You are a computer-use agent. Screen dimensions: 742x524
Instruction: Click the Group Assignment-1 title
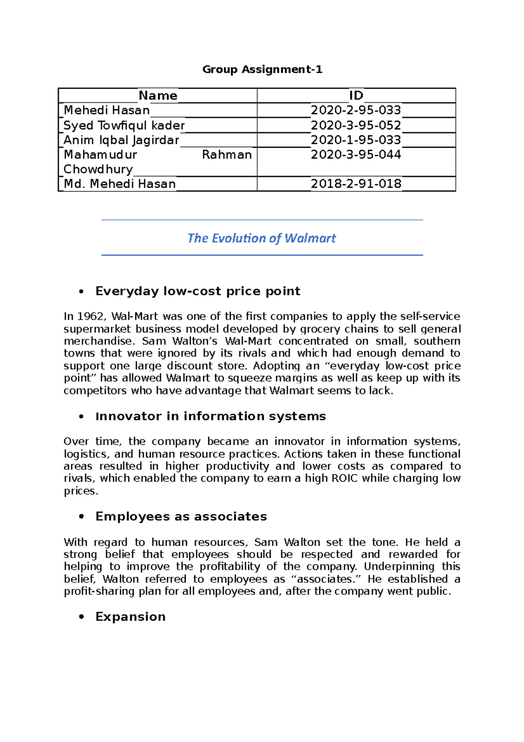[x=262, y=69]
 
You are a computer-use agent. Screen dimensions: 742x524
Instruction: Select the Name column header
[x=158, y=96]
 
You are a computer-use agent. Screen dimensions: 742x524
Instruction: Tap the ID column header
[x=356, y=96]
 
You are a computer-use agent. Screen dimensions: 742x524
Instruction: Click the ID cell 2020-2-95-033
[x=355, y=110]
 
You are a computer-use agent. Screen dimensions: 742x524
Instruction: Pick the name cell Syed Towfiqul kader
[x=124, y=125]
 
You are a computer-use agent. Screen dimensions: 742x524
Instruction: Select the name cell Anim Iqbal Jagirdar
[x=121, y=140]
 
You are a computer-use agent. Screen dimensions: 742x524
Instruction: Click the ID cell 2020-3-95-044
[x=355, y=155]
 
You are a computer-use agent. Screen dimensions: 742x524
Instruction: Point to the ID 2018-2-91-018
[x=355, y=184]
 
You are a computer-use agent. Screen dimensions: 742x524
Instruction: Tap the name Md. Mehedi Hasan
[x=120, y=184]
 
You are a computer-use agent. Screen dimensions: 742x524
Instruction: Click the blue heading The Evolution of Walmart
[x=262, y=238]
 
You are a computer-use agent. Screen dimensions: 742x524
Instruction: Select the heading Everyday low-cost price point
[x=197, y=291]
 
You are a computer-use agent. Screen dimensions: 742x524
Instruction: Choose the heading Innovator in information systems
[x=210, y=416]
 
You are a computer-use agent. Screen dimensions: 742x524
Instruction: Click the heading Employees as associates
[x=181, y=517]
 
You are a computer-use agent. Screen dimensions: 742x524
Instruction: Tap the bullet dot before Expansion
[x=81, y=617]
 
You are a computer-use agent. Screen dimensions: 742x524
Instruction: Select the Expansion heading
[x=130, y=617]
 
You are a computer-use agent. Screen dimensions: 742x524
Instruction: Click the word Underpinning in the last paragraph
[x=399, y=567]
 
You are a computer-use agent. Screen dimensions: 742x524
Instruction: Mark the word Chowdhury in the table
[x=98, y=170]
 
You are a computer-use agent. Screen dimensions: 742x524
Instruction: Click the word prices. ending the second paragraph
[x=81, y=491]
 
